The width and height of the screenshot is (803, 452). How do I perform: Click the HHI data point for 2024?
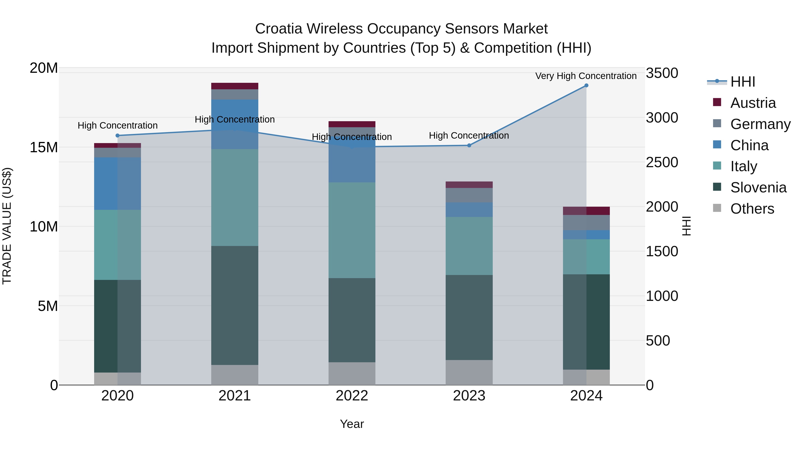click(586, 85)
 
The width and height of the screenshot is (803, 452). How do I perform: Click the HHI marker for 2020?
click(118, 135)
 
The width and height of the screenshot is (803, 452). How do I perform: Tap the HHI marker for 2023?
click(469, 145)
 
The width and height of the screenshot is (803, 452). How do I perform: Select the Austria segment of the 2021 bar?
click(234, 86)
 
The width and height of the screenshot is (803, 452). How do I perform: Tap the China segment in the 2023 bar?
click(469, 210)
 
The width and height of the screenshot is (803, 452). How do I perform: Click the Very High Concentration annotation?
click(586, 76)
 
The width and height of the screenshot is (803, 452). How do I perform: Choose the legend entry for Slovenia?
click(758, 187)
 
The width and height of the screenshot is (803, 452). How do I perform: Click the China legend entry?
click(749, 145)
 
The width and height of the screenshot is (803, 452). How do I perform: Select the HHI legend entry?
click(743, 82)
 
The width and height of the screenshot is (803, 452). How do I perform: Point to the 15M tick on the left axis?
click(44, 147)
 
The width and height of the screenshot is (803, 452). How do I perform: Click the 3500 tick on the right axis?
click(662, 73)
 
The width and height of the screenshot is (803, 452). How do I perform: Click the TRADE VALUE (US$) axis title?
click(7, 226)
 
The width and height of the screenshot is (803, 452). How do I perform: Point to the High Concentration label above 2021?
click(234, 119)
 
